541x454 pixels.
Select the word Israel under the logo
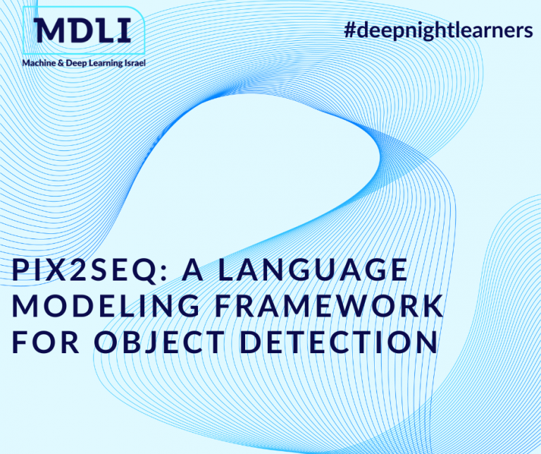coord(132,63)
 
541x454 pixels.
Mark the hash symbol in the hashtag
coord(348,30)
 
